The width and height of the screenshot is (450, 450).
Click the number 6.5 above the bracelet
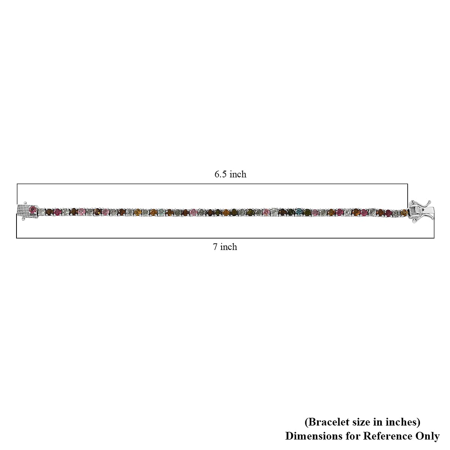click(x=221, y=174)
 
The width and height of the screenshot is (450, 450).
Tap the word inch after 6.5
click(x=238, y=174)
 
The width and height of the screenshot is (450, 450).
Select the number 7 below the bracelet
click(x=215, y=247)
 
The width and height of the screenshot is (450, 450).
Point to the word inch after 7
click(x=229, y=247)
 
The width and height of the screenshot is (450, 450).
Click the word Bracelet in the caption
click(x=326, y=422)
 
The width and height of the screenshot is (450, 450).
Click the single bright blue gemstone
click(x=299, y=213)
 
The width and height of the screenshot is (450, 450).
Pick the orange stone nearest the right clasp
click(x=403, y=213)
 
